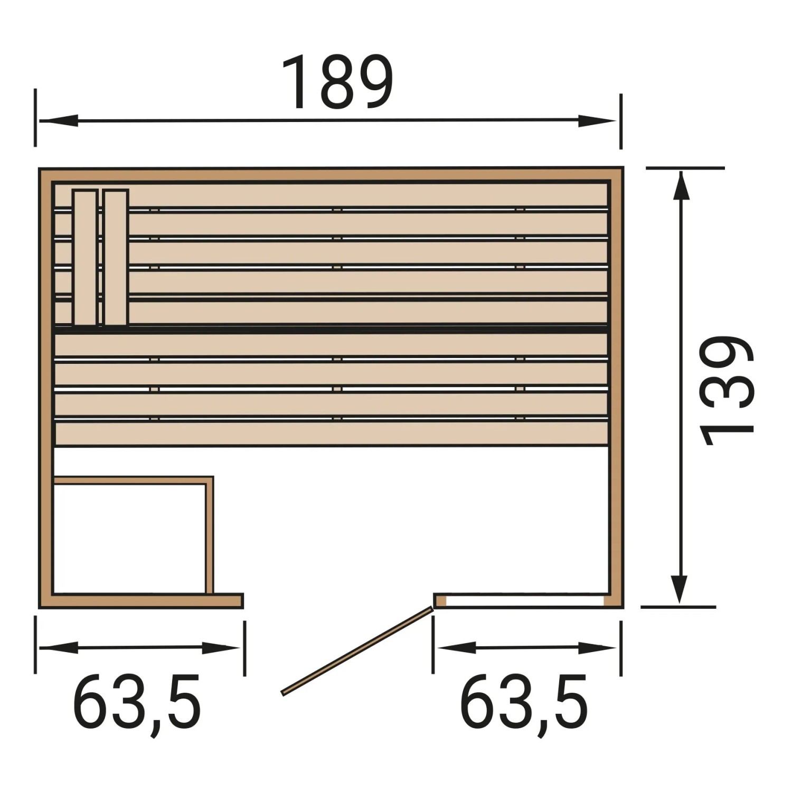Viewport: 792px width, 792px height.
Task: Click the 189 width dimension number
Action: [x=338, y=82]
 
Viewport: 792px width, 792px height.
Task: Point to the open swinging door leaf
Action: [x=357, y=650]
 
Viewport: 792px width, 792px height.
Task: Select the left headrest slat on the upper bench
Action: [x=86, y=258]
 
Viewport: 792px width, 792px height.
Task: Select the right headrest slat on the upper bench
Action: [x=116, y=258]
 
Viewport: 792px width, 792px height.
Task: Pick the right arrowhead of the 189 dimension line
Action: [x=597, y=121]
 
